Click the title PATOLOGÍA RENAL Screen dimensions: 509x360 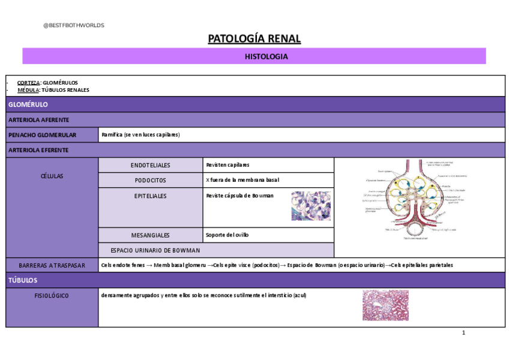(x=254, y=40)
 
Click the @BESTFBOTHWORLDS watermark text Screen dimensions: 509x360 (x=74, y=25)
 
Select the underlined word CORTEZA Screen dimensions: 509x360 (x=29, y=82)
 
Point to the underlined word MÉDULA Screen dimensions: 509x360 (x=28, y=90)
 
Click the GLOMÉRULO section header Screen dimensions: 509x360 (x=28, y=104)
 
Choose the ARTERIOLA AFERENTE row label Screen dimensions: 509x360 (x=38, y=120)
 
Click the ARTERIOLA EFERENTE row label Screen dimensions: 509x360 (x=38, y=150)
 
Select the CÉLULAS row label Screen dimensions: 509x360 (x=51, y=176)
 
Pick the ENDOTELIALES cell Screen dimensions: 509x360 (x=150, y=165)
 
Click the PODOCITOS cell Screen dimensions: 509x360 (x=150, y=180)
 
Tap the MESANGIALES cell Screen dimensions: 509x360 (x=150, y=235)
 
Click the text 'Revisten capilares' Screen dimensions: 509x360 (x=227, y=165)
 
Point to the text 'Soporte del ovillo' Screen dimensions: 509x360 (x=227, y=235)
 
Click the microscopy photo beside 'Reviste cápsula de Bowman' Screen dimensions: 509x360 (x=310, y=206)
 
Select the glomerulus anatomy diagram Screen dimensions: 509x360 (x=416, y=200)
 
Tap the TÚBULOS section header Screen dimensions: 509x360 (x=23, y=280)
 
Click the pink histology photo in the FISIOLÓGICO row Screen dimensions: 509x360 (x=385, y=305)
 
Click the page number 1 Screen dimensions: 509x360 (x=463, y=333)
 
